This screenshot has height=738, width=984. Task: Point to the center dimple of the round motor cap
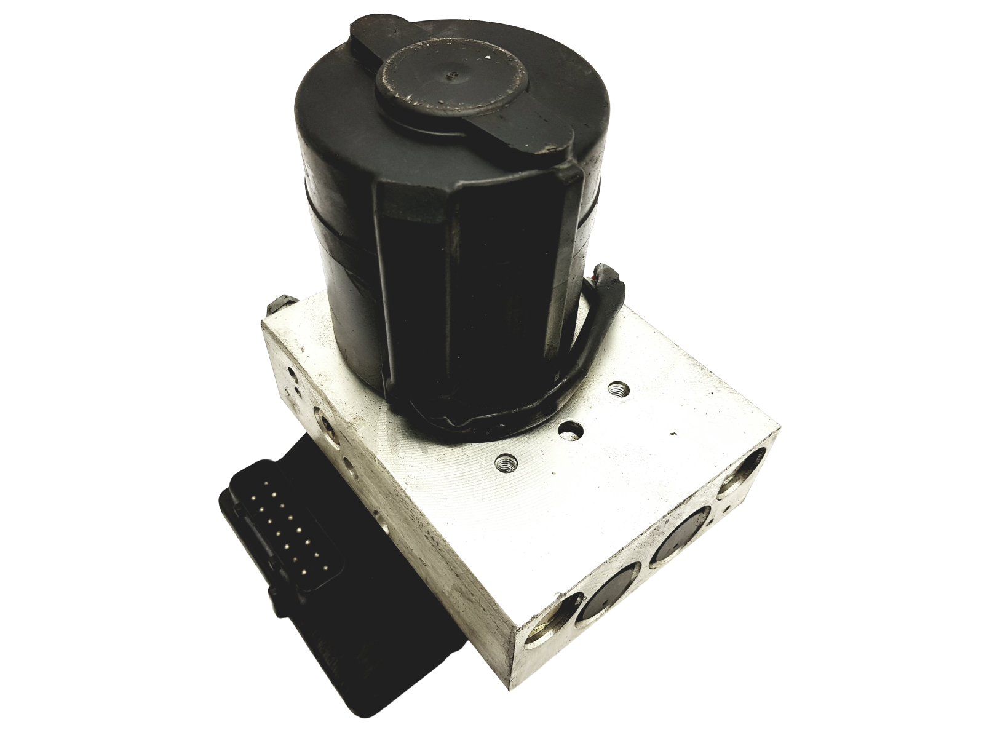pos(453,76)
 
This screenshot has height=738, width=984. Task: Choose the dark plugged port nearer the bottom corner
pos(603,600)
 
